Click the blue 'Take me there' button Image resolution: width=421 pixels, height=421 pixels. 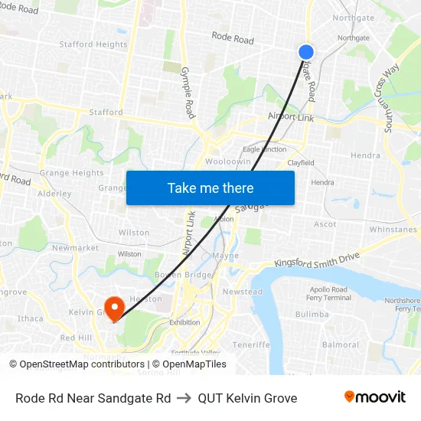coord(210,188)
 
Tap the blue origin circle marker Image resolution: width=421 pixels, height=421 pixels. coord(305,51)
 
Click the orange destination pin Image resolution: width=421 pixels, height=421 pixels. coord(115,308)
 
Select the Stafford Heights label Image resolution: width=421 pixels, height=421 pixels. coord(93,44)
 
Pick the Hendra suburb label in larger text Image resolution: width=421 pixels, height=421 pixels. coord(364,155)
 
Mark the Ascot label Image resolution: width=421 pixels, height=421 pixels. coord(325,224)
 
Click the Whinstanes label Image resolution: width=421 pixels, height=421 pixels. coord(393,230)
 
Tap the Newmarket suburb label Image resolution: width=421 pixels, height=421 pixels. coord(75,248)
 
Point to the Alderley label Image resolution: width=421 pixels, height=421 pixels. coord(54,194)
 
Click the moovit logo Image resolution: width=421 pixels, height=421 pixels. coord(374,397)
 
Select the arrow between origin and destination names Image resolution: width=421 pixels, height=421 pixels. coord(184,398)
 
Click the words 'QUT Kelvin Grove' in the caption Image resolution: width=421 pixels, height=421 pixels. coord(247,398)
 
